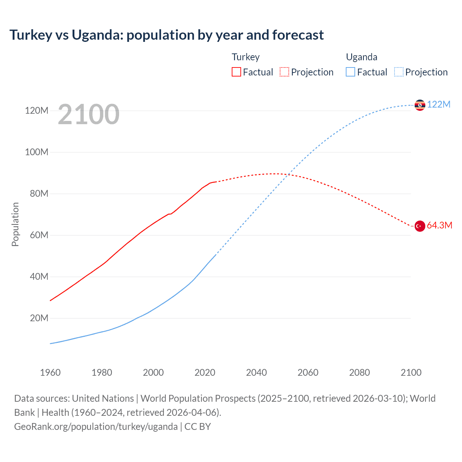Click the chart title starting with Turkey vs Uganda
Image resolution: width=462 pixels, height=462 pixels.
[x=166, y=35]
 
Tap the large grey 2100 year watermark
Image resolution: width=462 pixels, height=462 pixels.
[x=88, y=114]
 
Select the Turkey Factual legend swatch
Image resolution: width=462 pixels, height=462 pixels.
[x=236, y=72]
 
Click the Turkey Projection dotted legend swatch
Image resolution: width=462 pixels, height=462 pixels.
[x=284, y=72]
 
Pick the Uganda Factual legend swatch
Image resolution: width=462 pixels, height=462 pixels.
[x=350, y=72]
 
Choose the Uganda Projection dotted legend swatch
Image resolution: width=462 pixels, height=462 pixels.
[x=398, y=72]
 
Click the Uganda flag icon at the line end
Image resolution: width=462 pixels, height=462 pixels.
[x=420, y=105]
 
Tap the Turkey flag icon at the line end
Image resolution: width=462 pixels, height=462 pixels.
[x=420, y=226]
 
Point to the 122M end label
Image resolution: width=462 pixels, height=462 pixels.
[x=439, y=105]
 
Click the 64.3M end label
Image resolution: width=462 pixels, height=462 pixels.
[x=439, y=226]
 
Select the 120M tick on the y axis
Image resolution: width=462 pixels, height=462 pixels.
[x=36, y=110]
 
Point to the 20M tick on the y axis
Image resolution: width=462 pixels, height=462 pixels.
[x=39, y=318]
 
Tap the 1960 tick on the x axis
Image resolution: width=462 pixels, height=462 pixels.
[x=50, y=372]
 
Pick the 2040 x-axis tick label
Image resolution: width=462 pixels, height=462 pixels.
[x=256, y=372]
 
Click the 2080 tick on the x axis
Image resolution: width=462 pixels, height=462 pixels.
[x=359, y=372]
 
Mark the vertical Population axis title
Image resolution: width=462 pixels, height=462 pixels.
[x=15, y=224]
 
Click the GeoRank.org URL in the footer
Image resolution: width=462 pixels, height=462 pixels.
[x=96, y=427]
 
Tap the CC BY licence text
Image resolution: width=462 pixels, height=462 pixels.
[x=197, y=427]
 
